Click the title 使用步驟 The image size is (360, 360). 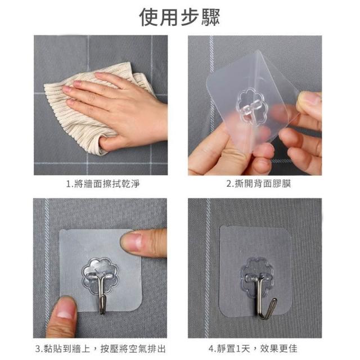coord(179,17)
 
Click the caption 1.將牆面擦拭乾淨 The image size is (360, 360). coord(103,184)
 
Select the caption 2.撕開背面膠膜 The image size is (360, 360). coord(259,184)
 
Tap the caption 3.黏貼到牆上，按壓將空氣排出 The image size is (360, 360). coord(101,349)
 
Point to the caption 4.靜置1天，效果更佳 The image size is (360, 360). coord(253,348)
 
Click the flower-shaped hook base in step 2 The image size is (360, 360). coord(252,106)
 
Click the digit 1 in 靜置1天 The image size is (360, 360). coord(238,349)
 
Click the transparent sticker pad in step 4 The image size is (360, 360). coord(256,271)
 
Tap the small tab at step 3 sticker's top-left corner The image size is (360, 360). coord(64,230)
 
